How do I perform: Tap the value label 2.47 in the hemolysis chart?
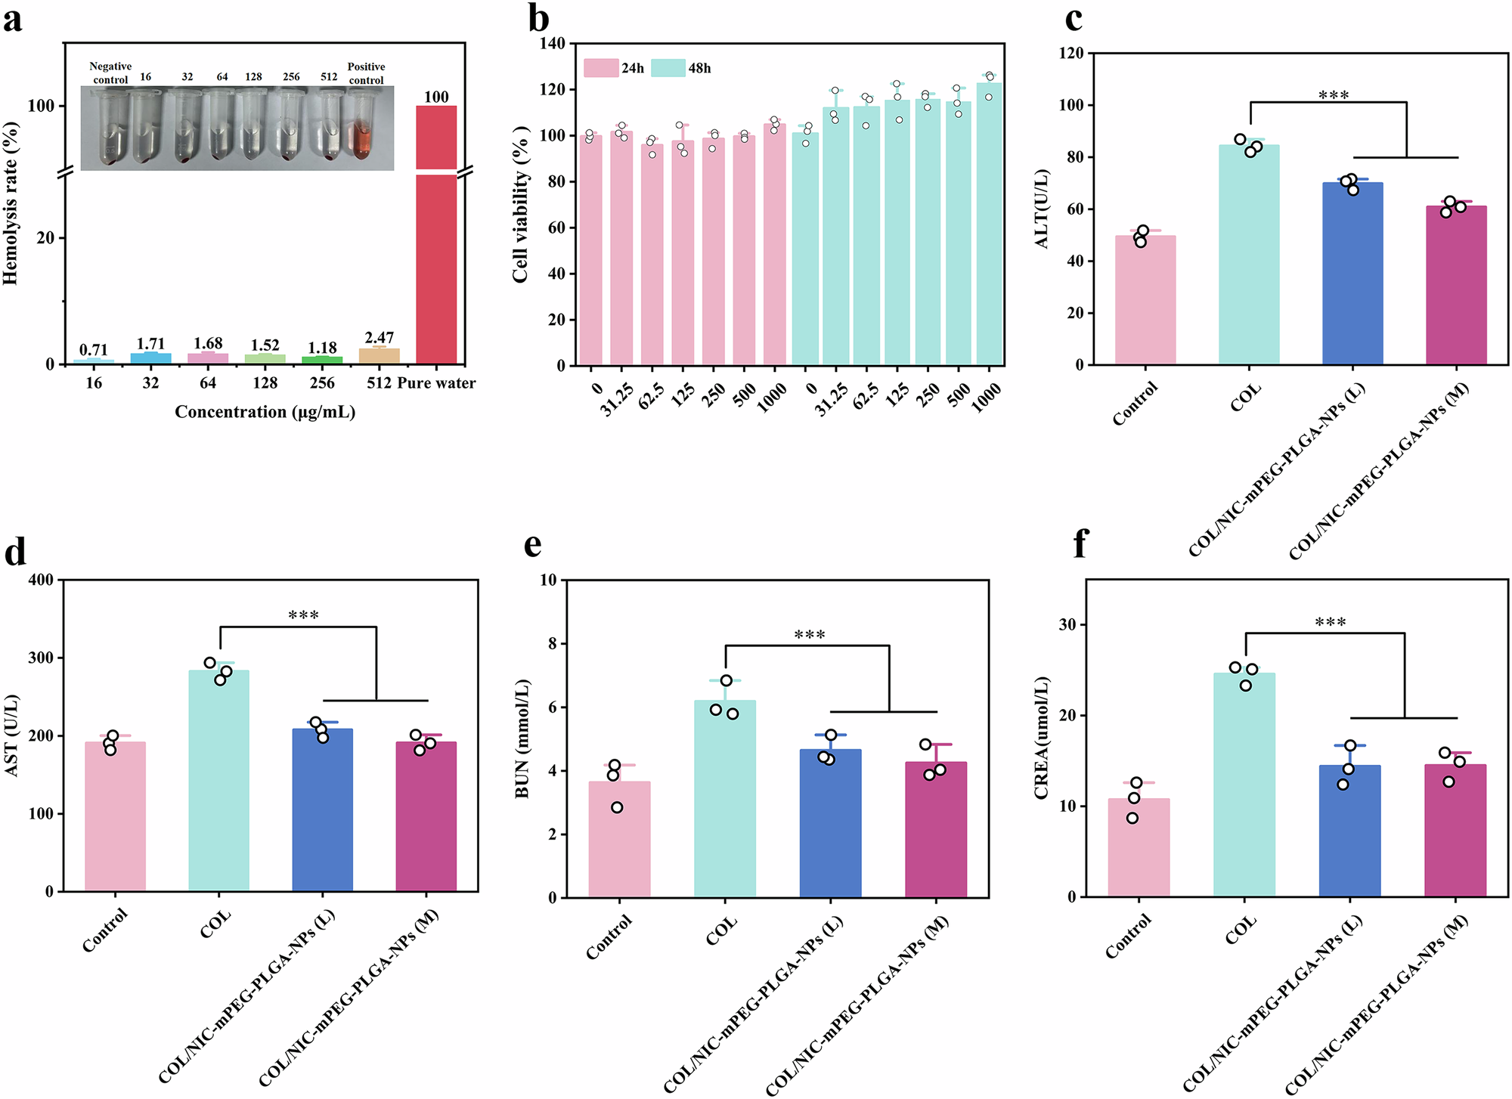(x=379, y=337)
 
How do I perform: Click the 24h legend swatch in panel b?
(x=601, y=68)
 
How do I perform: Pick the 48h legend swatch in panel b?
(x=668, y=68)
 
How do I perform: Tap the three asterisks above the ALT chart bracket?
(x=1333, y=96)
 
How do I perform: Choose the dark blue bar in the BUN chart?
(x=830, y=823)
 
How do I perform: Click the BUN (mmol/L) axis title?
(x=522, y=738)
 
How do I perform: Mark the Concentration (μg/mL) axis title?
(x=265, y=412)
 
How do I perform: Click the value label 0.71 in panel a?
(x=94, y=350)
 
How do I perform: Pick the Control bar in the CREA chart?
(x=1139, y=847)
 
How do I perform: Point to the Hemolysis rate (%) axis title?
(x=11, y=203)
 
